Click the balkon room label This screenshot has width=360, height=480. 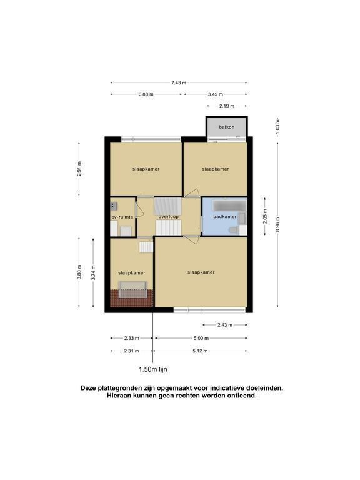[x=226, y=127]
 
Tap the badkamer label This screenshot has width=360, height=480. [x=225, y=217]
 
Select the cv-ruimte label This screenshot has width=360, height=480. [x=122, y=217]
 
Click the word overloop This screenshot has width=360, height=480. [x=168, y=217]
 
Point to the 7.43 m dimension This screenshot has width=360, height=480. [x=179, y=82]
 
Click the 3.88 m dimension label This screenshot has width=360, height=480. [x=146, y=94]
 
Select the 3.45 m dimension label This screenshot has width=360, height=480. [x=216, y=94]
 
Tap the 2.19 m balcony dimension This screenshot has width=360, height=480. [x=227, y=106]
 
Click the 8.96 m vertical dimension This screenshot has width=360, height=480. [x=277, y=225]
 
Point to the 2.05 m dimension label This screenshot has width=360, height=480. [x=265, y=216]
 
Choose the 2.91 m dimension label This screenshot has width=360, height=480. [x=79, y=169]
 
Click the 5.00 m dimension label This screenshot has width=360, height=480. [x=201, y=338]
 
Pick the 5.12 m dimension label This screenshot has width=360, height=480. [x=200, y=351]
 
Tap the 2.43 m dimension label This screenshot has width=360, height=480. [x=225, y=325]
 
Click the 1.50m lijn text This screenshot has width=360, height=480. [x=153, y=369]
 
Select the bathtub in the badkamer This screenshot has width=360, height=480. [x=229, y=204]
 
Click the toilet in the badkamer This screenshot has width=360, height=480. [x=234, y=231]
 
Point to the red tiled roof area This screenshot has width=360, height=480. [x=132, y=299]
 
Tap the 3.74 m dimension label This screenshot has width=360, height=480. [x=94, y=272]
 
